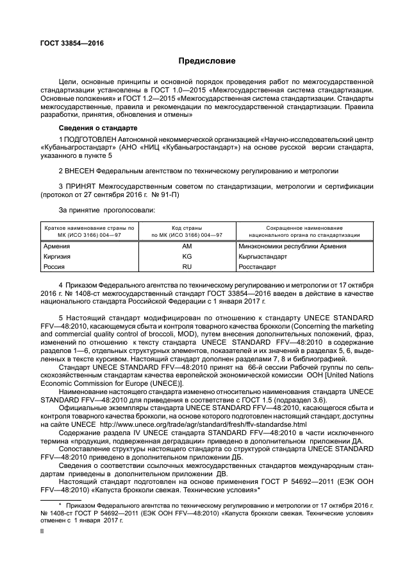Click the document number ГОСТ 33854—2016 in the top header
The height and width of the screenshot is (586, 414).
[71, 44]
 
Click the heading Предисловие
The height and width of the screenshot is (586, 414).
[206, 62]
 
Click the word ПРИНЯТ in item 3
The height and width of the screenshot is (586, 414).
[79, 186]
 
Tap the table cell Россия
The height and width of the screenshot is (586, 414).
[54, 266]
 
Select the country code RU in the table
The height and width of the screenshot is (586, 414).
[187, 266]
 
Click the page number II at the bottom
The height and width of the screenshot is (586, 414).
[42, 531]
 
